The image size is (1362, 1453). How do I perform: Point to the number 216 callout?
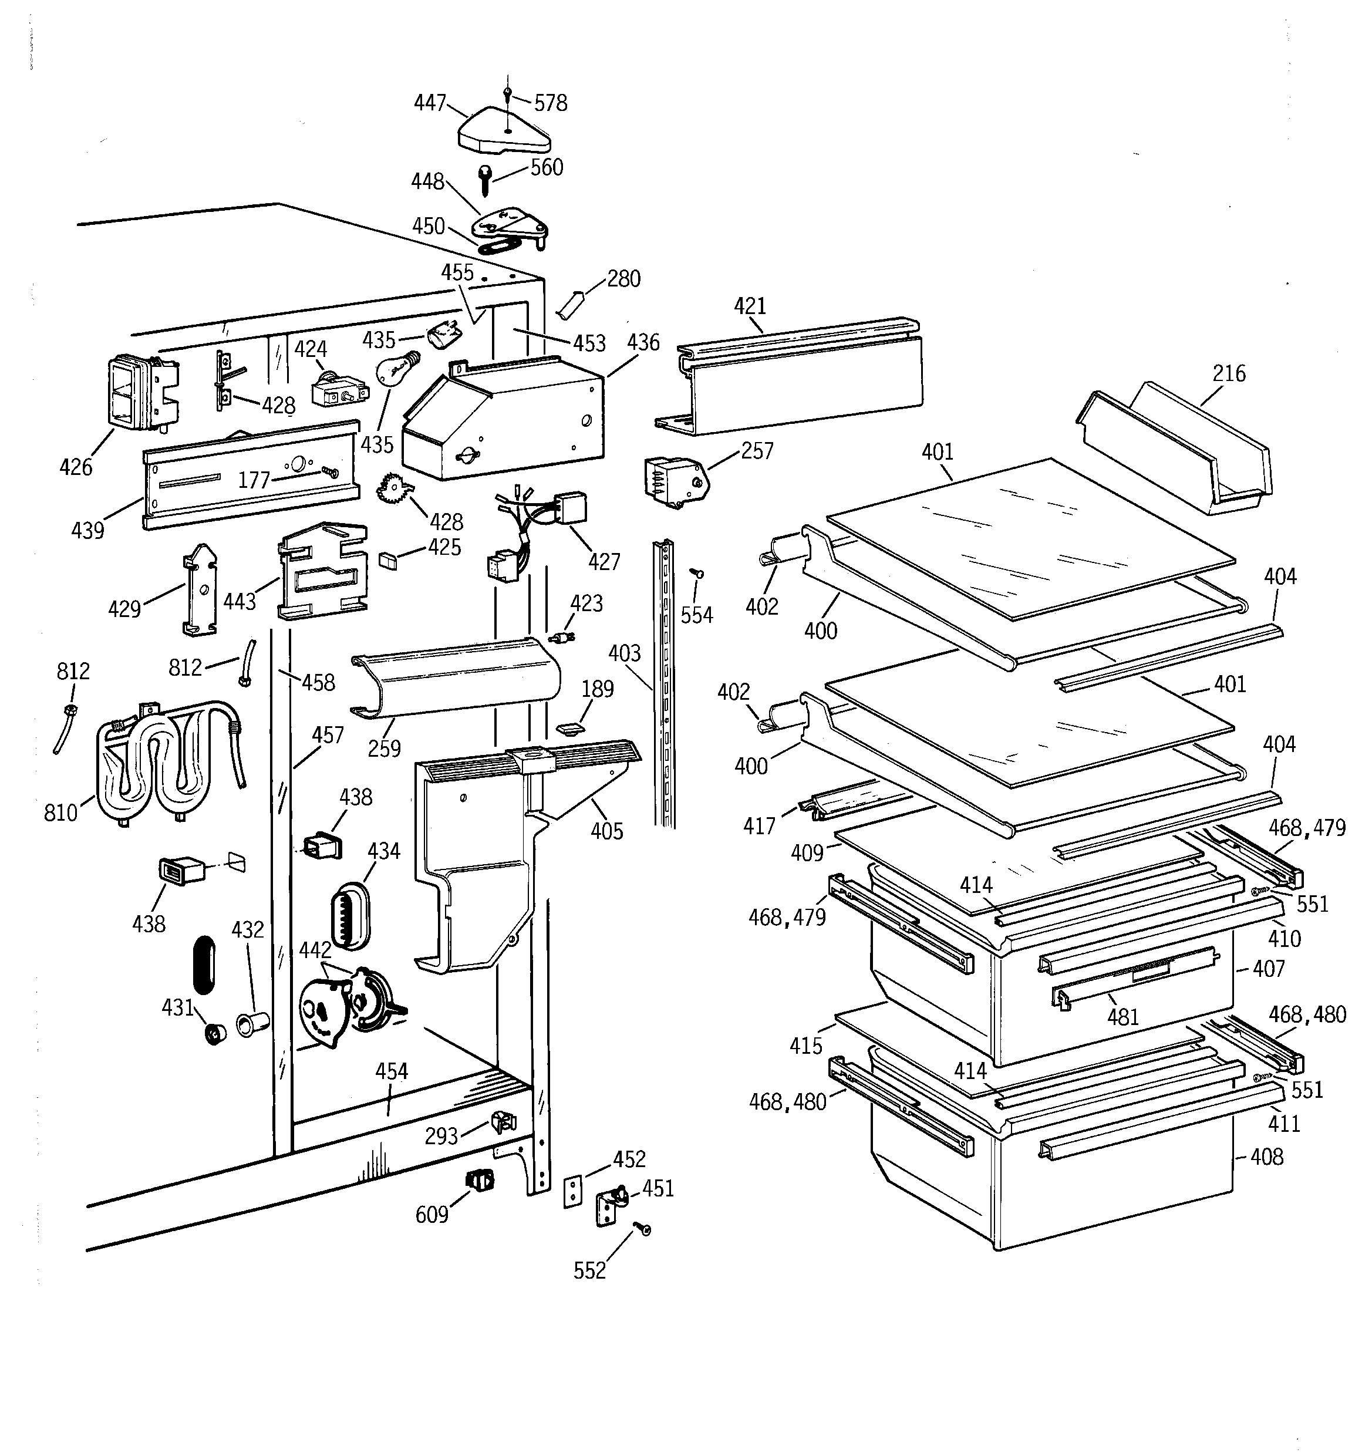(1228, 373)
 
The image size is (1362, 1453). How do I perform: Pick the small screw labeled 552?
(643, 1229)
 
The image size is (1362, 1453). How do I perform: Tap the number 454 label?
(391, 1071)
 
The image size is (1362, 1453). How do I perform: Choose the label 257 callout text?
(757, 451)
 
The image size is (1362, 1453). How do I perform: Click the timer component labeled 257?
(674, 481)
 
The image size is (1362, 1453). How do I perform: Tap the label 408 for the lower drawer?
(1266, 1157)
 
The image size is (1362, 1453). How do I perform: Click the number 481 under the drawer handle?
(1122, 1017)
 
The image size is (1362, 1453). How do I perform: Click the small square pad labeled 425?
(388, 561)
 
